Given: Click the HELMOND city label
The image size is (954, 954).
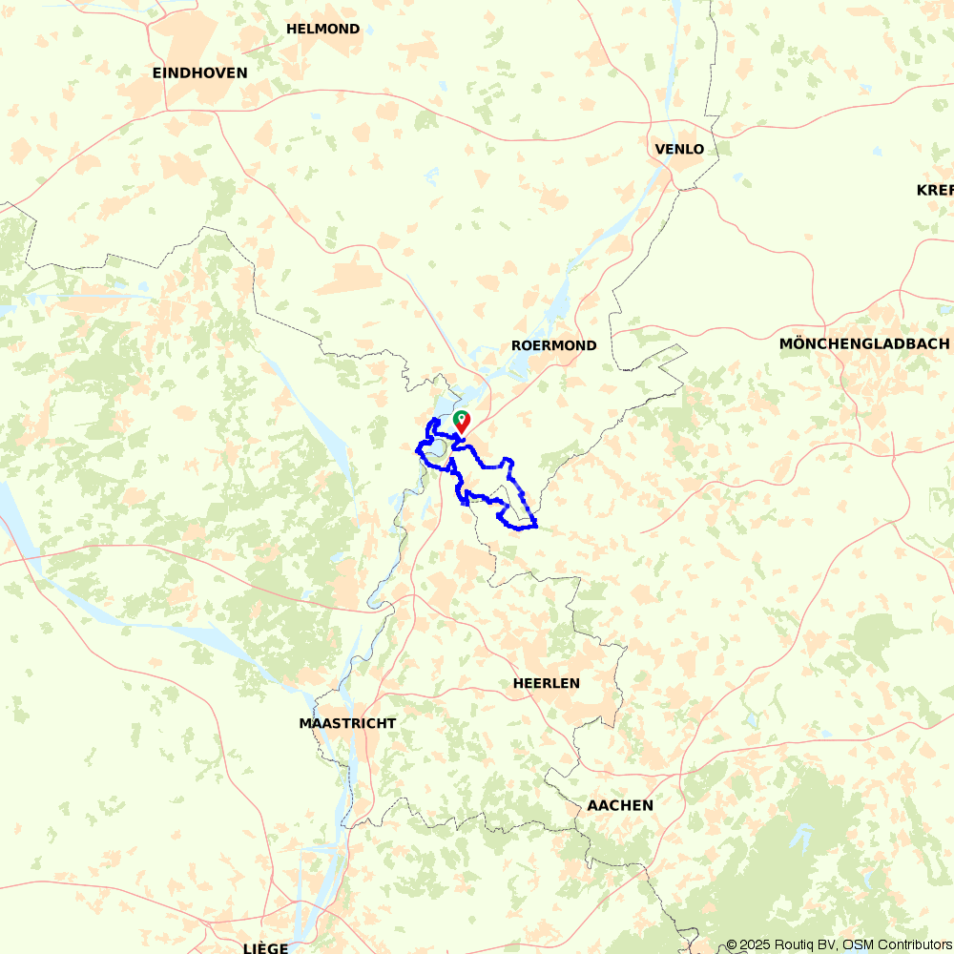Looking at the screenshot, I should pos(322,29).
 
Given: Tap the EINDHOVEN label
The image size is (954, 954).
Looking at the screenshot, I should pos(199,73).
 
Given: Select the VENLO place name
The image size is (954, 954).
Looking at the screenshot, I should pos(679,149).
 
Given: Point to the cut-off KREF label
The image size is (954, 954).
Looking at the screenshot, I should pos(935,190).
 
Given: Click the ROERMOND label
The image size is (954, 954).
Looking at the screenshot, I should pos(553,345).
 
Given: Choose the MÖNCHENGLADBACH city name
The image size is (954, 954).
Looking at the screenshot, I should pos(864,343).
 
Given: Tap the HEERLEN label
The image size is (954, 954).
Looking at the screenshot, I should pos(546,683).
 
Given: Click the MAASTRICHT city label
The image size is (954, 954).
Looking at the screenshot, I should pos(347,723).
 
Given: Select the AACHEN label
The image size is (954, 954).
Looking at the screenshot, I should pos(620,805).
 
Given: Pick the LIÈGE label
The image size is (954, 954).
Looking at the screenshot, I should pos(265,947).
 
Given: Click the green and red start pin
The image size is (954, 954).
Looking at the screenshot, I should pos(462,422).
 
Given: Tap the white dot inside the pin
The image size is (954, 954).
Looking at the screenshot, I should pos(462,418).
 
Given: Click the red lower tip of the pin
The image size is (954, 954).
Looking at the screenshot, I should pos(462,433).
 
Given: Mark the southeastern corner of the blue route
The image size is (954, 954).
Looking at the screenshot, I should pos(537,526).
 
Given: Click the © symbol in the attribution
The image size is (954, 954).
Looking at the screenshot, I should pos(732,944).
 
